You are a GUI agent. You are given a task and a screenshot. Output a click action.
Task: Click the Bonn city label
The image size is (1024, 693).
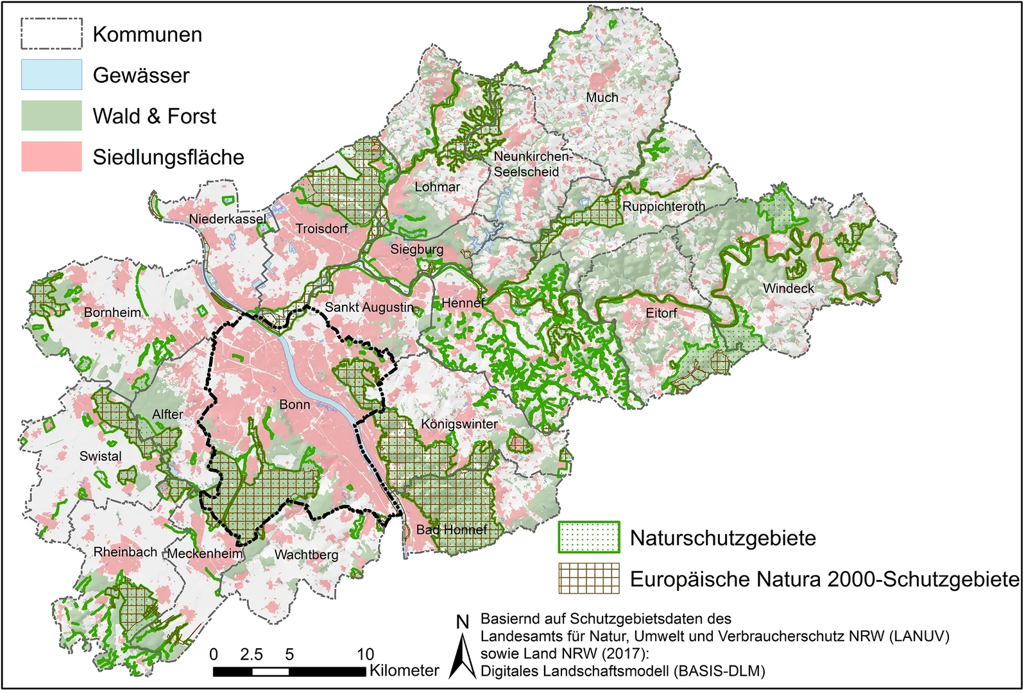pos(294,405)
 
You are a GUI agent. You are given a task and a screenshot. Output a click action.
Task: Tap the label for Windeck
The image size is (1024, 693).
pos(788,289)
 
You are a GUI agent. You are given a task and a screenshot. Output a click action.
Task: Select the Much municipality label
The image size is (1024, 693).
pos(602,98)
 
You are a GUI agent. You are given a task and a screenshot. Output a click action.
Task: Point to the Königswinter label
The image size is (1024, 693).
pos(459,424)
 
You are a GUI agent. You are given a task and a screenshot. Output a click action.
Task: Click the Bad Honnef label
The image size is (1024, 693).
pos(451,530)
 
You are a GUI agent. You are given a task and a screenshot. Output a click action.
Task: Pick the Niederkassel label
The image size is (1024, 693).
pos(227,219)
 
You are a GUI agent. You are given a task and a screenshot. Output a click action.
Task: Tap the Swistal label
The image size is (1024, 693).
pos(100,456)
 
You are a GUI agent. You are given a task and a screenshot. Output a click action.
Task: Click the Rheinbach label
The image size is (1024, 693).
pos(125,552)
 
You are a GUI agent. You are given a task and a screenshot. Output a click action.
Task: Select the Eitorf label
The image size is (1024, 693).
pos(661,313)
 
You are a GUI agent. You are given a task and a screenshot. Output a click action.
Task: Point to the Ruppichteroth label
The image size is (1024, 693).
pos(663,207)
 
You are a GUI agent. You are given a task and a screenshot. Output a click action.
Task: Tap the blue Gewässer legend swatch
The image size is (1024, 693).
pos(51,75)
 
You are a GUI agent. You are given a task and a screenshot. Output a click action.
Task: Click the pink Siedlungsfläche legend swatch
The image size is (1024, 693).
pos(51,157)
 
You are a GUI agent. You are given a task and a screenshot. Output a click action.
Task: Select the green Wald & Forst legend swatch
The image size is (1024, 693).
pos(51,116)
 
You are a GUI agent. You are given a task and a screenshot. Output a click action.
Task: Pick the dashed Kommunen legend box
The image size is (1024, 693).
pos(51,34)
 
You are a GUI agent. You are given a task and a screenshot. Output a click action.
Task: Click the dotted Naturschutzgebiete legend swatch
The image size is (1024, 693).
pos(588,537)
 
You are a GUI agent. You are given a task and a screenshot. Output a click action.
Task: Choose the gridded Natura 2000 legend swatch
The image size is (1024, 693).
pos(588,578)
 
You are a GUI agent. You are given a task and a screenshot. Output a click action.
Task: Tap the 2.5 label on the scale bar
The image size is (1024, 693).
pos(251,654)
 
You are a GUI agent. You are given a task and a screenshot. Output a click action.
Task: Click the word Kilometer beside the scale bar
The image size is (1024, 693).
pos(404,671)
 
